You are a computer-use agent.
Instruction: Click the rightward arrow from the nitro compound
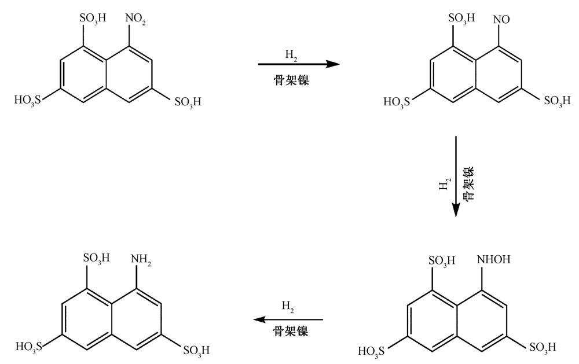pos(298,65)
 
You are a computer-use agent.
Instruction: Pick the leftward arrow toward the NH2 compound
pos(289,319)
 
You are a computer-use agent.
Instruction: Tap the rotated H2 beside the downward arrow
pos(444,185)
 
